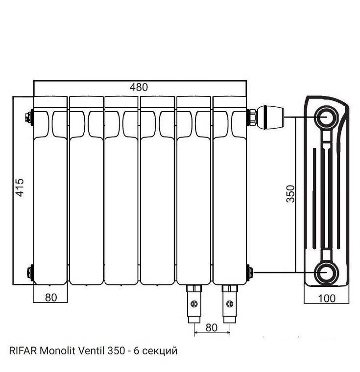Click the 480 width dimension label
[139, 87]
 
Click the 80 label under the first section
[50, 297]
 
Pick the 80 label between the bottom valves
[211, 327]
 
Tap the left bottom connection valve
[193, 303]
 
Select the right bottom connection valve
[229, 303]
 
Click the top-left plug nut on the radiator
[29, 117]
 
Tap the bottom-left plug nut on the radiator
[30, 272]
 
